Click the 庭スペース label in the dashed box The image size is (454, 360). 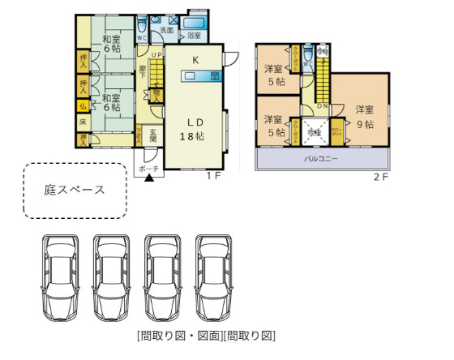(74, 191)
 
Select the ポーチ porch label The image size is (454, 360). (148, 168)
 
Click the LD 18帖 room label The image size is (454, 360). (195, 129)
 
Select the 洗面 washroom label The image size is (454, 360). (166, 30)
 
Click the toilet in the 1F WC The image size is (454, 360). (142, 23)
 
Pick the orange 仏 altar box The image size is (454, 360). (83, 105)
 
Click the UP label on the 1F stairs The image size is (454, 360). (156, 56)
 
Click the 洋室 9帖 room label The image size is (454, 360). (364, 117)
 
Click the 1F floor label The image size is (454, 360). (213, 176)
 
